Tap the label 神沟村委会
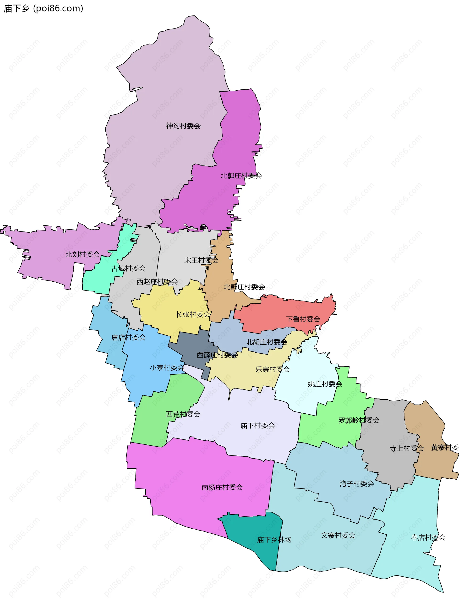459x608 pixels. [183, 126]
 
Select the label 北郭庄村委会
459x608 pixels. [241, 176]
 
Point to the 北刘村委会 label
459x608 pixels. [82, 255]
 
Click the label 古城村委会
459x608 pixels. [128, 268]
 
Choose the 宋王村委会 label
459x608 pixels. [201, 260]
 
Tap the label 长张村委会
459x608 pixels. [193, 314]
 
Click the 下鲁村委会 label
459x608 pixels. [303, 319]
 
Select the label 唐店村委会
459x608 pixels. [128, 338]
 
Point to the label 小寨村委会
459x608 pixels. [167, 368]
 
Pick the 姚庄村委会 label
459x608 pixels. [325, 384]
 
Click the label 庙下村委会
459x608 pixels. [257, 426]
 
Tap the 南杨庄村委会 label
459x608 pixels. [222, 487]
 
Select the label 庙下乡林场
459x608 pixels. [274, 540]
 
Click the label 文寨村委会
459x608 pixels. [338, 535]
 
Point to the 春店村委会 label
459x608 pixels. [428, 538]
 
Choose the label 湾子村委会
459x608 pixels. [356, 484]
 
